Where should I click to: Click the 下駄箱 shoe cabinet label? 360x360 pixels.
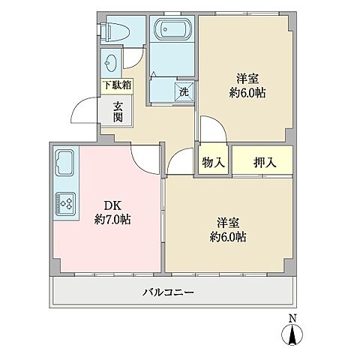[x=118, y=85]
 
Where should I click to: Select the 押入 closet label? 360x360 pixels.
[x=262, y=161]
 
